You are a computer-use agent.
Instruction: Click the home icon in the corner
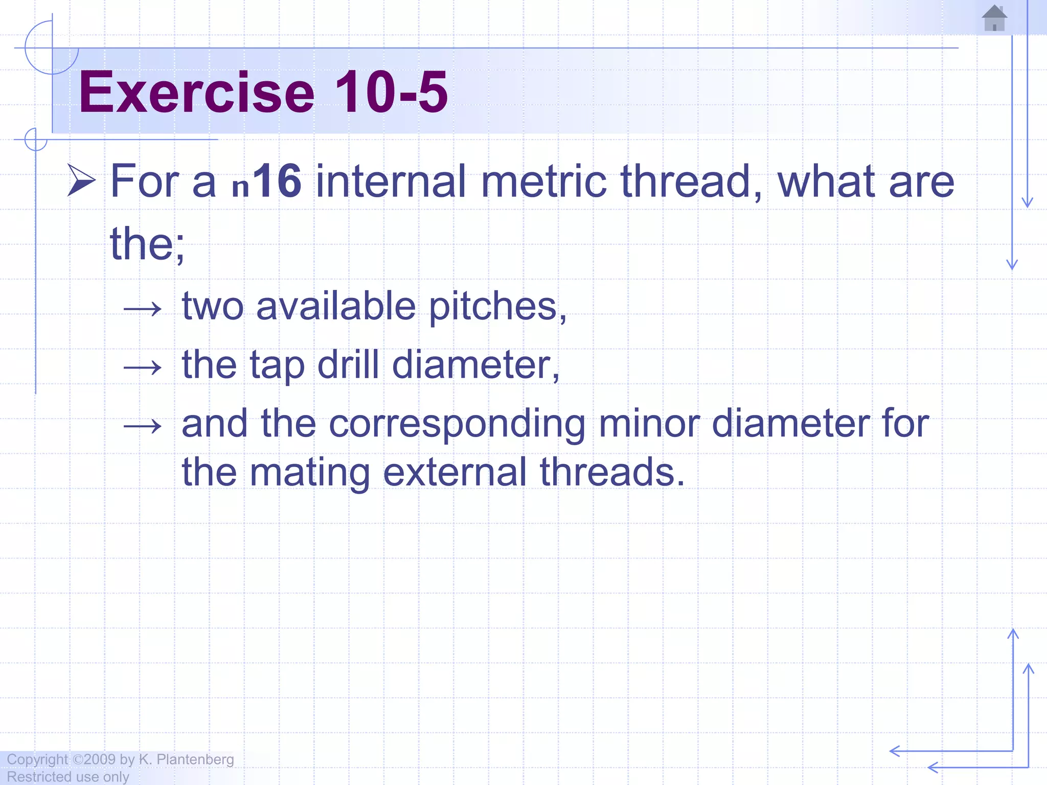[994, 18]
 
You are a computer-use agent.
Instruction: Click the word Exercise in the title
[197, 93]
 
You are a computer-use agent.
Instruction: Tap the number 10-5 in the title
[391, 93]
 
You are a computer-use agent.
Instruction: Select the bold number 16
[278, 181]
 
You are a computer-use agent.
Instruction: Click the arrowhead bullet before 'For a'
[82, 181]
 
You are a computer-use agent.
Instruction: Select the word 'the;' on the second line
[147, 244]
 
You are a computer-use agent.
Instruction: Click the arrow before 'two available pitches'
[143, 309]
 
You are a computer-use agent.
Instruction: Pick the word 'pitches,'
[497, 307]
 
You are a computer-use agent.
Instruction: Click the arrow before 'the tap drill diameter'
[143, 367]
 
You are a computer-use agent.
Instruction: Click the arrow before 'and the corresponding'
[143, 426]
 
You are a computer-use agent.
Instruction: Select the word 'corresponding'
[457, 424]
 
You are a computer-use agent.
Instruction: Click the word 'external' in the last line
[454, 472]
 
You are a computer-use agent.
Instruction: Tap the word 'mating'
[310, 472]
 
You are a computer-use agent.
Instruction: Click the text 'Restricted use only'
[67, 777]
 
